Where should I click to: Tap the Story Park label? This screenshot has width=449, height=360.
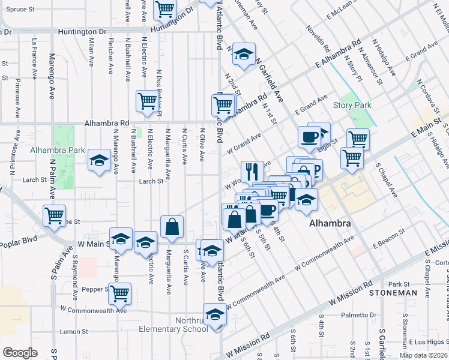pos(352,106)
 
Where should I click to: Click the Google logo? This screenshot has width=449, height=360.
pos(20,353)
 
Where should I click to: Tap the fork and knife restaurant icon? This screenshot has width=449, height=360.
pos(252,171)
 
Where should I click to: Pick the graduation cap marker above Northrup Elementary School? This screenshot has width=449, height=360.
pos(215,314)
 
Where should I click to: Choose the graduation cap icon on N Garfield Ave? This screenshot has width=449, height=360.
pos(244,53)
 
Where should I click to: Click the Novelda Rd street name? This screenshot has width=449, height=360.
pos(318,37)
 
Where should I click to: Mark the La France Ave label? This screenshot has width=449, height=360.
pos(35,51)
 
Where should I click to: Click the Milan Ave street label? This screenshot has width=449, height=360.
pos(91,53)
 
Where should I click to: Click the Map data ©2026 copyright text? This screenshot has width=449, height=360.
pos(422,355)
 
